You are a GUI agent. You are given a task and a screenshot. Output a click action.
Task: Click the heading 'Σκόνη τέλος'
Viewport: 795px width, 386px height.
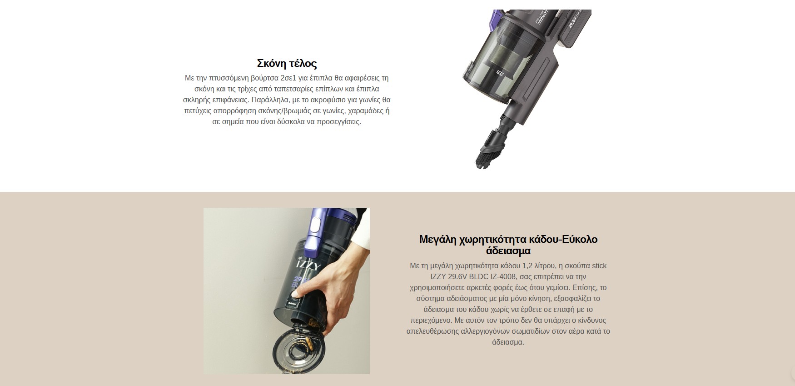point(287,63)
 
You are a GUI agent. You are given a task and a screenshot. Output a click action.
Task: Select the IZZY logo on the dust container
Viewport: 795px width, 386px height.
point(308,265)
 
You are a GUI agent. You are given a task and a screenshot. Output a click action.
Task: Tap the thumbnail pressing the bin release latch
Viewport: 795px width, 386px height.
point(295,295)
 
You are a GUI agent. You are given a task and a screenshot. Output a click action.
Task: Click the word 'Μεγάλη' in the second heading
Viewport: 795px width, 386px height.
point(437,240)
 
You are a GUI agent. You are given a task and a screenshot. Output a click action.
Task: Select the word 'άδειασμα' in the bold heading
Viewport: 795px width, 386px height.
point(508,251)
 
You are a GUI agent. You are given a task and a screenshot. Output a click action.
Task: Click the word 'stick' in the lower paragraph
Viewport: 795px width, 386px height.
point(599,266)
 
